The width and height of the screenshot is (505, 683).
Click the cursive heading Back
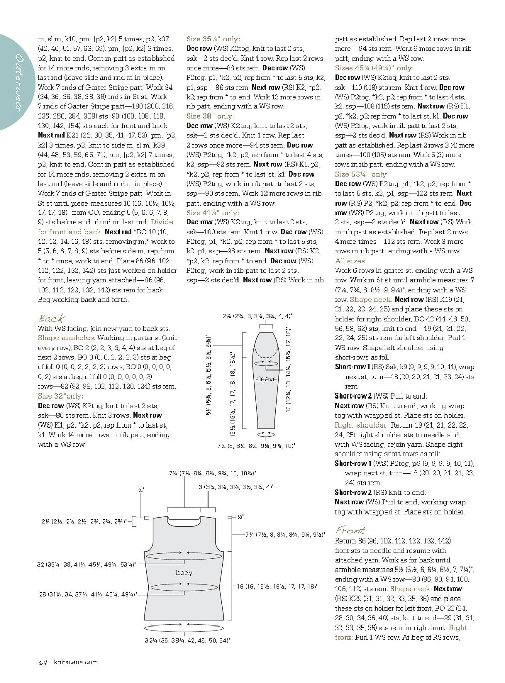51,318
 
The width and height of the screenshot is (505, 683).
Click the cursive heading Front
350,530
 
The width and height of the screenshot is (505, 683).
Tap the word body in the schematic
184,572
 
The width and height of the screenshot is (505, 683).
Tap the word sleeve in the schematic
265,379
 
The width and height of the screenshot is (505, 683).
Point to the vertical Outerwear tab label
20,81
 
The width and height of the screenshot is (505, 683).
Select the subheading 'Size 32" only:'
61,396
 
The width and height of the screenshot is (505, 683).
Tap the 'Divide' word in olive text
162,222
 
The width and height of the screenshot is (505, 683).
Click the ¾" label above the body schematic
141,490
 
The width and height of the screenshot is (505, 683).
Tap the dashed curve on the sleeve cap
265,351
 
